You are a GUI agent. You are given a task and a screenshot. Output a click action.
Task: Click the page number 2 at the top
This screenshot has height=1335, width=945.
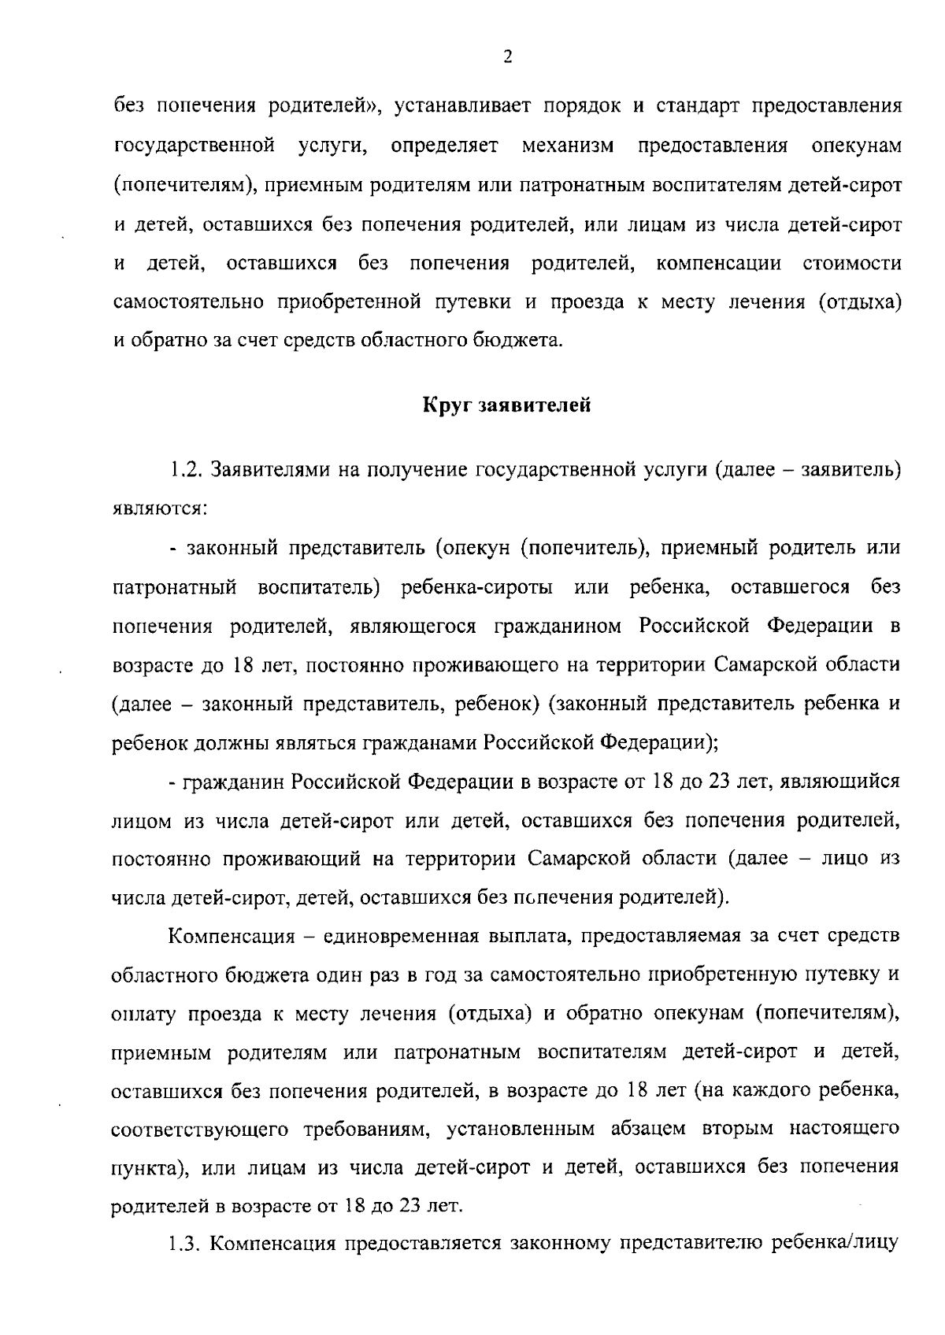507,57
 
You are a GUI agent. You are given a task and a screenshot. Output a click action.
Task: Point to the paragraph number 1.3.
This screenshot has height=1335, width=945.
187,1244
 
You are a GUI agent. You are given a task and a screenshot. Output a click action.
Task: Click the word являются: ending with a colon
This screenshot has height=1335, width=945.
160,509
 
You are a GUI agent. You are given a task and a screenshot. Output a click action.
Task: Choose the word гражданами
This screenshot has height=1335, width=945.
412,741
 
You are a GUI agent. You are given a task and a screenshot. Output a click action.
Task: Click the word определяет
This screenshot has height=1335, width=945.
444,146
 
